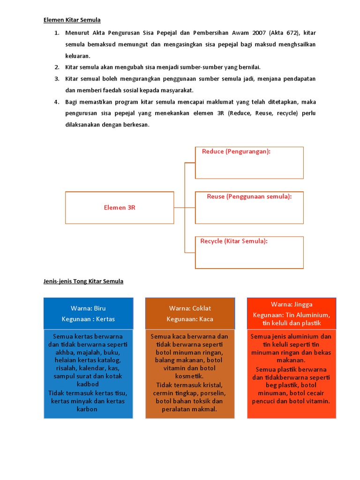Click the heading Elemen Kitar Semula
tap(72, 20)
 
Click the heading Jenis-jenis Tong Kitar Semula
tap(83, 281)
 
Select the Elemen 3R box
tap(120, 207)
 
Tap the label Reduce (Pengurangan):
tap(236, 151)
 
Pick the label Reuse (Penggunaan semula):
tap(249, 196)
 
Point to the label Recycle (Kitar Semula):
tap(234, 241)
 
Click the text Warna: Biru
tap(88, 308)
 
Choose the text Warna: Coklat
tap(190, 308)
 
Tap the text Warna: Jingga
tap(292, 305)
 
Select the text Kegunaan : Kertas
tap(88, 319)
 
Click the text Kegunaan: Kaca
tap(190, 319)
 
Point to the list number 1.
tap(56, 33)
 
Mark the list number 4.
tap(56, 102)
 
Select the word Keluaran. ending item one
tap(77, 55)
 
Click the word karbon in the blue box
tap(88, 409)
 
